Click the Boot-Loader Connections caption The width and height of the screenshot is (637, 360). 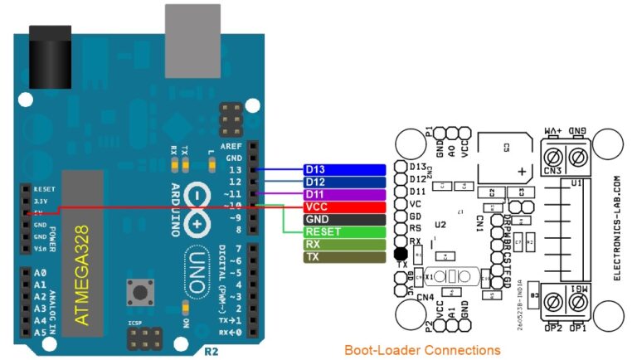pos(422,350)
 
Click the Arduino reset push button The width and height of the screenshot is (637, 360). pos(136,292)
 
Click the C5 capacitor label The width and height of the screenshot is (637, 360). pos(506,148)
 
